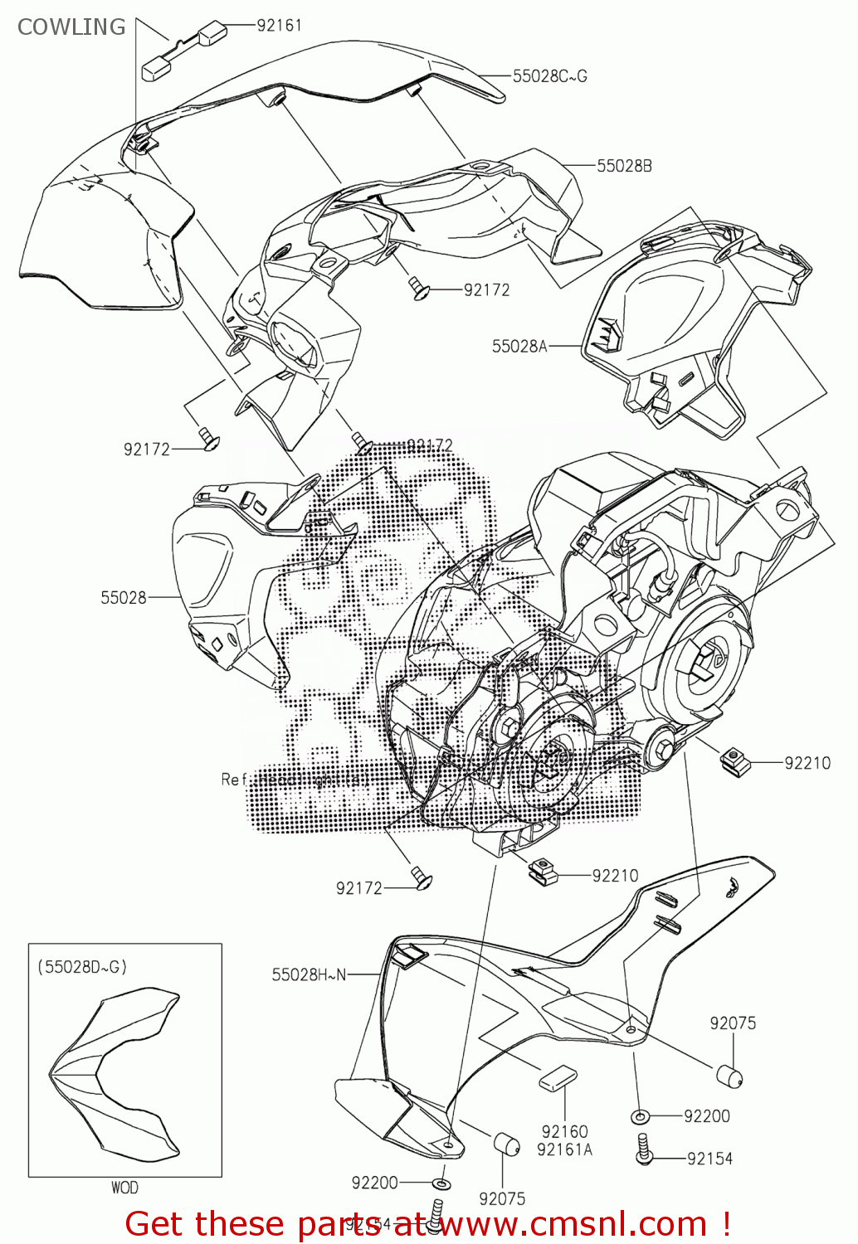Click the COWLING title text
click(x=71, y=27)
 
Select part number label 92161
click(x=279, y=25)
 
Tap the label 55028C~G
click(x=549, y=75)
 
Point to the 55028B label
click(x=624, y=166)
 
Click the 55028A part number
click(x=519, y=346)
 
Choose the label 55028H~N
click(x=309, y=974)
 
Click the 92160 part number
click(x=564, y=1131)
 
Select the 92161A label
click(x=564, y=1149)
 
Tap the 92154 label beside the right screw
click(x=709, y=1159)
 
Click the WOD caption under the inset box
click(x=124, y=1188)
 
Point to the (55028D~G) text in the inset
click(x=82, y=967)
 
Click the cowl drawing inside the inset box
click(x=116, y=1070)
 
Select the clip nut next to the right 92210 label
click(x=734, y=758)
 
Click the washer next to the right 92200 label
click(x=641, y=1116)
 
